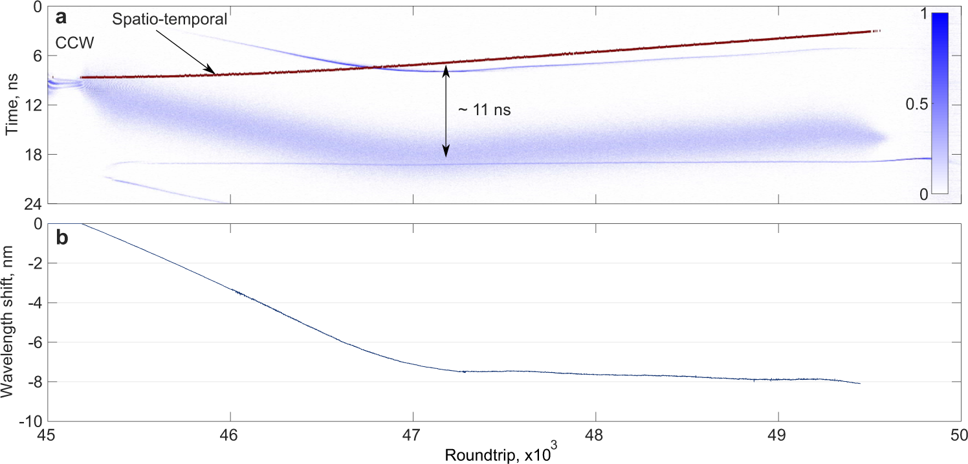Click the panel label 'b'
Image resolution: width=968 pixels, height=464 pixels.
[x=61, y=238]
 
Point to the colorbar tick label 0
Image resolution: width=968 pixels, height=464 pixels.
[x=923, y=194]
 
